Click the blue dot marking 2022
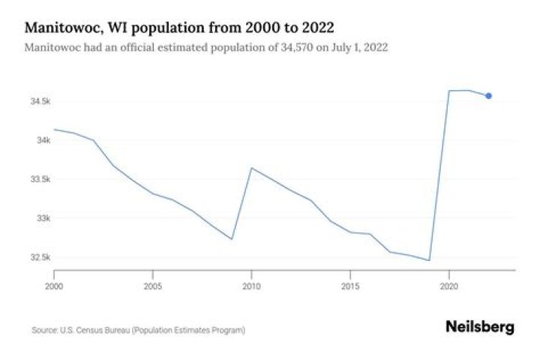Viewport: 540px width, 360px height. pos(489,95)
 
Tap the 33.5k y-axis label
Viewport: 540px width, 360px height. pos(41,180)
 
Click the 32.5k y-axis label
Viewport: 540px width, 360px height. pos(41,258)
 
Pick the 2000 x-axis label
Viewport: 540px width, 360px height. pos(54,286)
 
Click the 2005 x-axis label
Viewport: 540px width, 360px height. pos(153,286)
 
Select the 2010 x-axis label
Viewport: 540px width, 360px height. pos(252,286)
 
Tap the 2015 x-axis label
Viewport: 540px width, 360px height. pos(350,286)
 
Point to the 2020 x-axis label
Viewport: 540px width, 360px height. pos(449,286)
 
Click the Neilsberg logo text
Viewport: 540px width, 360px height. pos(480,327)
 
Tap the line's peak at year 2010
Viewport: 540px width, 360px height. pos(252,168)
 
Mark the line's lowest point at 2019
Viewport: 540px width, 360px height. pos(429,260)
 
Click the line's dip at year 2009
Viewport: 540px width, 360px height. pos(232,239)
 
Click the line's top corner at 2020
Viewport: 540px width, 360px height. pos(449,91)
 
